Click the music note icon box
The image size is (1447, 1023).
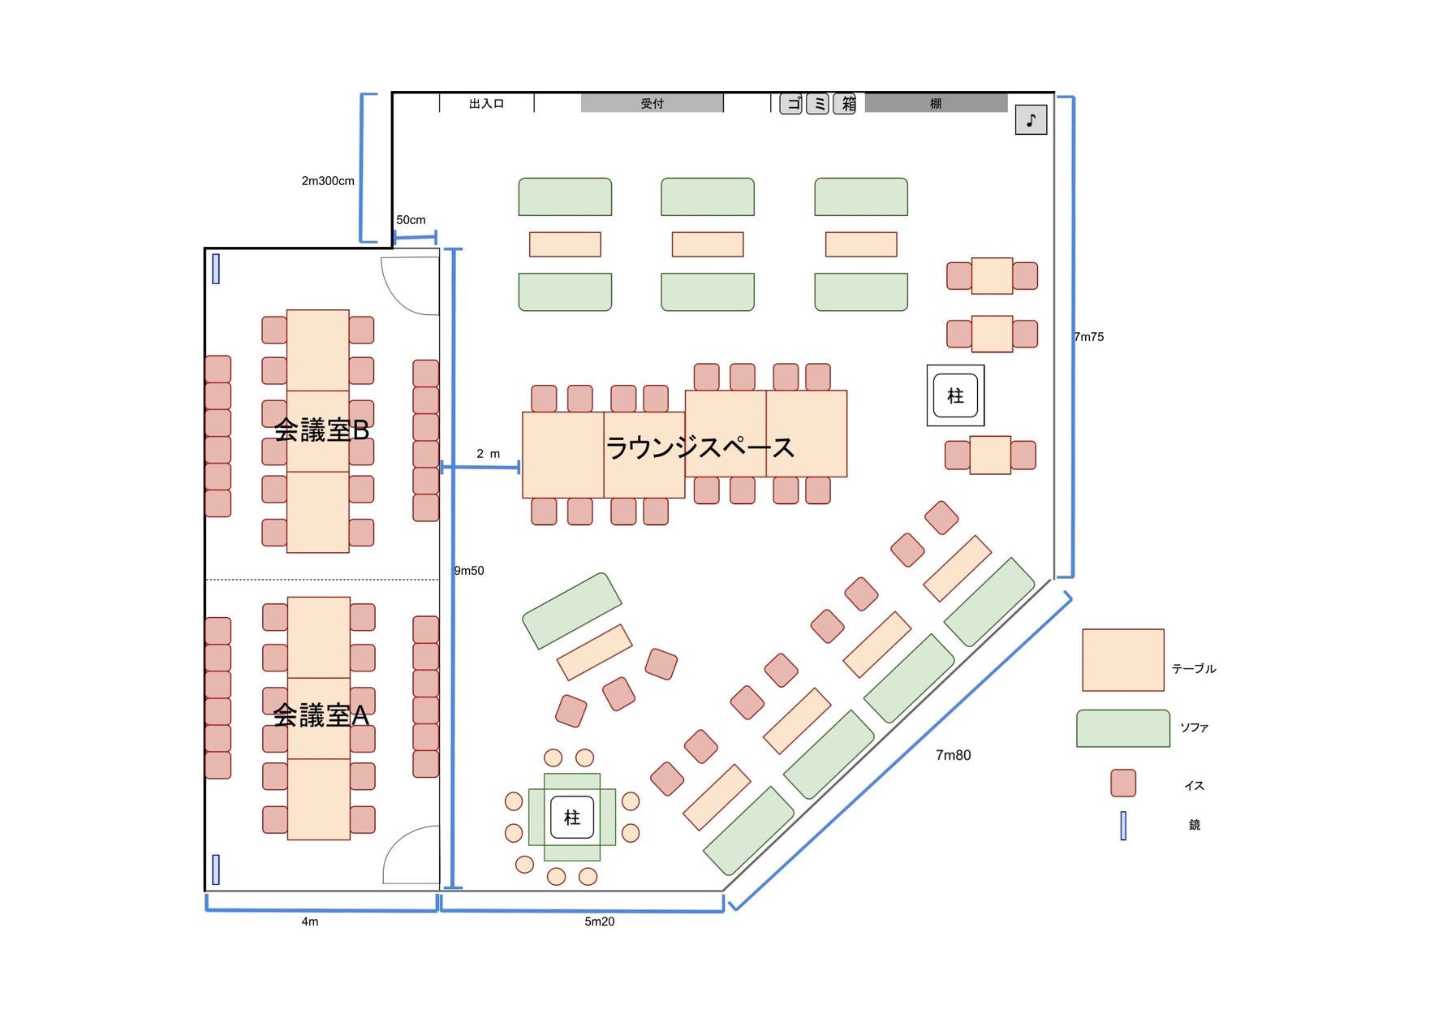coord(1031,120)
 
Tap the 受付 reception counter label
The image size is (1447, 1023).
coord(652,103)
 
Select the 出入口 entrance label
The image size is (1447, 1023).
coord(486,104)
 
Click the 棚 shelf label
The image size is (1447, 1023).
coord(936,103)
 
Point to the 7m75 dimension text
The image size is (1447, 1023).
coord(1089,337)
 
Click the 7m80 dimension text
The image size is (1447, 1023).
coord(953,755)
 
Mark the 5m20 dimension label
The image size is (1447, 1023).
coord(599,922)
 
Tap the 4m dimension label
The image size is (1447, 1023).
coord(310,922)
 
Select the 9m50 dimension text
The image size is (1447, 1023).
coord(469,571)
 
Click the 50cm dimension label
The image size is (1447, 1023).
coord(411,220)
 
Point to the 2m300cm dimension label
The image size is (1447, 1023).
coord(328,181)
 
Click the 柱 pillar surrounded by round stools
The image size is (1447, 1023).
coord(572,818)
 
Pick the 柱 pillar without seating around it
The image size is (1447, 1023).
coord(955,395)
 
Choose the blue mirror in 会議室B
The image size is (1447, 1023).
coord(216,269)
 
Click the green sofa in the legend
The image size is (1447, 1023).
coord(1122,728)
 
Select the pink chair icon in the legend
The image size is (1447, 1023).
coord(1122,783)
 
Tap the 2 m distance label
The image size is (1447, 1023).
coord(488,454)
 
